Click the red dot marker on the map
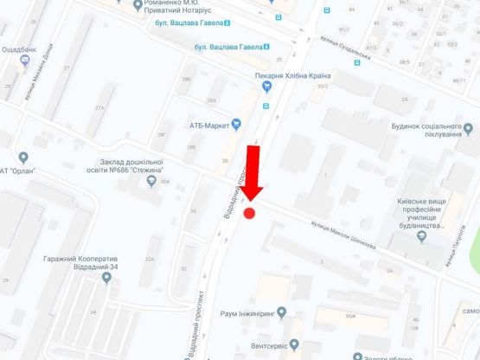pyautogui.click(x=250, y=214)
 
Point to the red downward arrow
pyautogui.click(x=253, y=174)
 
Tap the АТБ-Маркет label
pyautogui.click(x=208, y=125)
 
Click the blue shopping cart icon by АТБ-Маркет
pyautogui.click(x=236, y=125)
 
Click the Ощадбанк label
pyautogui.click(x=19, y=49)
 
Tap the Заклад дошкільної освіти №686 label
pyautogui.click(x=131, y=165)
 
